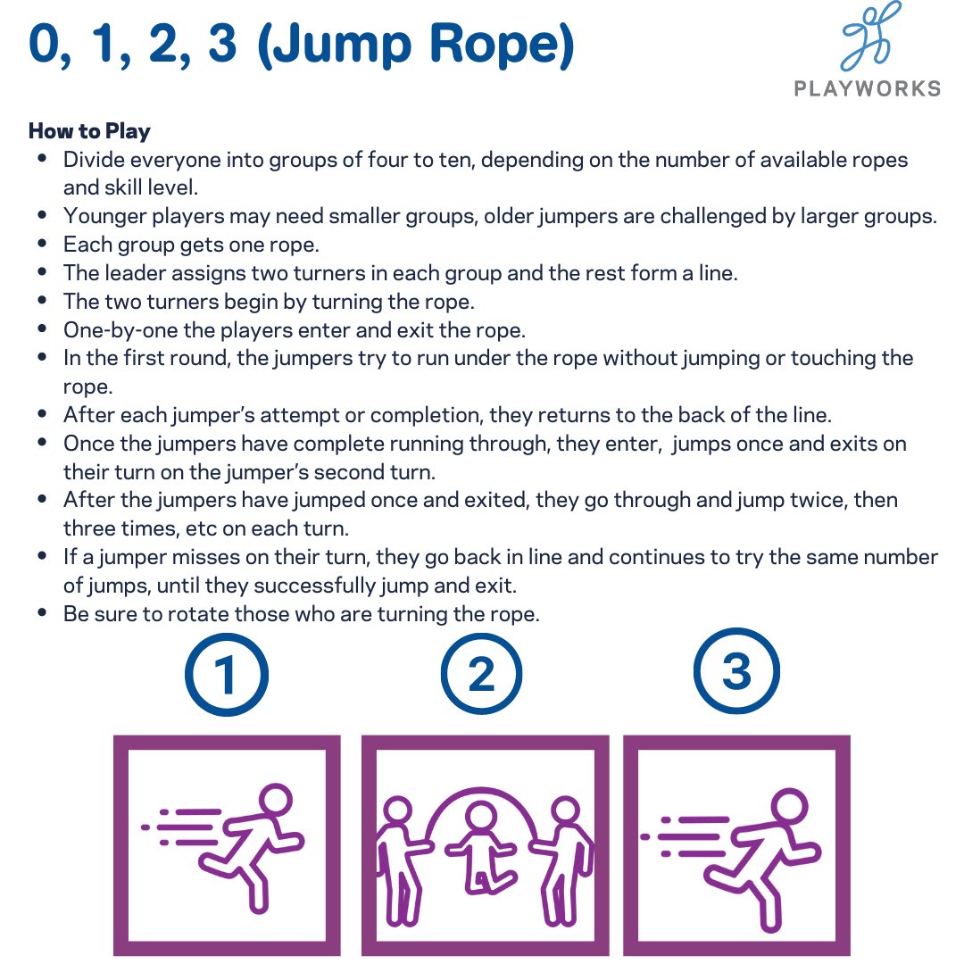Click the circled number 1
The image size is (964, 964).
[226, 675]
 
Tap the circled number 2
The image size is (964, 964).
[481, 675]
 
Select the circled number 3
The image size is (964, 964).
[736, 672]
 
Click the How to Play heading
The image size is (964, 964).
[89, 131]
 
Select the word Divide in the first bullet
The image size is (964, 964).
[94, 161]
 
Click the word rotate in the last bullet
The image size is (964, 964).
[184, 614]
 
